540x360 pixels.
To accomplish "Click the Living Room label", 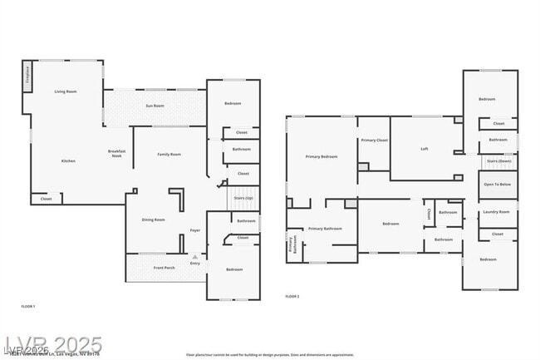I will [x=66, y=91].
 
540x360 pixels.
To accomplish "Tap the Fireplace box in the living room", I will [x=27, y=76].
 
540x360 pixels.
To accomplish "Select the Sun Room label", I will [x=155, y=106].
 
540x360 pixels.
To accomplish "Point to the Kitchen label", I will [x=68, y=160].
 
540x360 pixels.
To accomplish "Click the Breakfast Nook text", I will [x=116, y=153].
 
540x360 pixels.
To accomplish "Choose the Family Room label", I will [x=169, y=154].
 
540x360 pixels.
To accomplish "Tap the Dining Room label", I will [x=153, y=219].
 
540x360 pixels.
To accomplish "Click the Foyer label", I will [x=195, y=230].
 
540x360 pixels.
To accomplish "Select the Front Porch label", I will [x=164, y=268].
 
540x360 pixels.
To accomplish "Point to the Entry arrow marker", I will [x=195, y=258].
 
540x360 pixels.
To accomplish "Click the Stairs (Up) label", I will [x=243, y=199].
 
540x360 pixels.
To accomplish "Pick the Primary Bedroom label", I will [x=321, y=156].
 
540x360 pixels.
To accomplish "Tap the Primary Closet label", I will [x=374, y=141].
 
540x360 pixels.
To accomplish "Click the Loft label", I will [x=424, y=149].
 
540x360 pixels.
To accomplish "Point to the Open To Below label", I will [x=497, y=185].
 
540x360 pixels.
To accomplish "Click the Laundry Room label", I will [x=496, y=212].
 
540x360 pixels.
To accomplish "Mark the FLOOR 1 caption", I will [x=28, y=307].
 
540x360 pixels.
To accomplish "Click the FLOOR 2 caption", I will [x=292, y=296].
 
